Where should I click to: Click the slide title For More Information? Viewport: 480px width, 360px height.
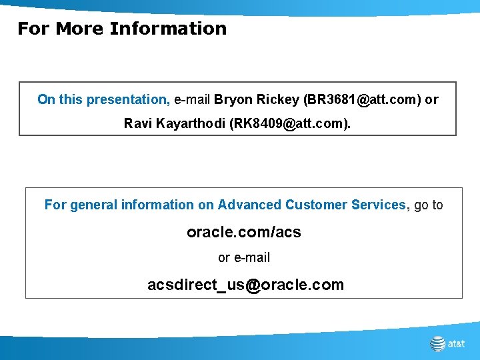pyautogui.click(x=122, y=29)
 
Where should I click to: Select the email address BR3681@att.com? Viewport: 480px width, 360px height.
pyautogui.click(x=361, y=99)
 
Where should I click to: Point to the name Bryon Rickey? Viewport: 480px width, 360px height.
pyautogui.click(x=257, y=99)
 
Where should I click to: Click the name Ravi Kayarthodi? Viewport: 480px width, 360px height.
pyautogui.click(x=174, y=123)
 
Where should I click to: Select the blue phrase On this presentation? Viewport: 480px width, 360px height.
pyautogui.click(x=103, y=99)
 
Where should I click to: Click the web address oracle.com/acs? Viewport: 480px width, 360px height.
pyautogui.click(x=244, y=232)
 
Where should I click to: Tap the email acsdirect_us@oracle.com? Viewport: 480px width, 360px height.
pyautogui.click(x=245, y=285)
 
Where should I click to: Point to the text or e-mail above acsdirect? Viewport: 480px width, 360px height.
pyautogui.click(x=244, y=257)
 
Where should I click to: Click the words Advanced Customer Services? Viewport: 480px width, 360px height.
pyautogui.click(x=311, y=205)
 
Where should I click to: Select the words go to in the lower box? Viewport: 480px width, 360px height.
pyautogui.click(x=428, y=205)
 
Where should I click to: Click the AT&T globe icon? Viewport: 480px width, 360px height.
pyautogui.click(x=437, y=343)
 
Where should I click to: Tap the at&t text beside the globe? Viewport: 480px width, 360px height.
pyautogui.click(x=457, y=344)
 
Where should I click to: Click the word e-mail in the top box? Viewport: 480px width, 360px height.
pyautogui.click(x=192, y=99)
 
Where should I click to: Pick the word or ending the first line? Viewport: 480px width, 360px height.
pyautogui.click(x=431, y=99)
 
